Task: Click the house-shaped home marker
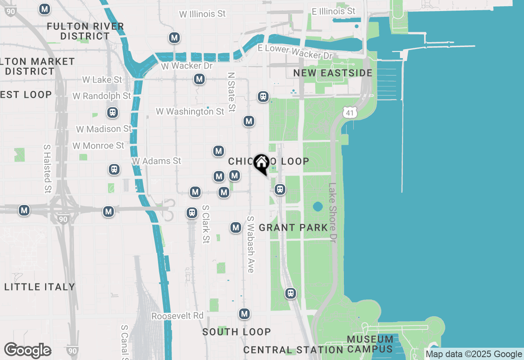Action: coord(261,164)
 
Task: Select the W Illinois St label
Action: coord(202,14)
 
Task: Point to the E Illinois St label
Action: coord(334,11)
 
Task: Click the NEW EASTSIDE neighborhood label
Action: coord(333,73)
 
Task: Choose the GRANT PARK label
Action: coord(294,227)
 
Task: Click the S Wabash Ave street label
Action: coord(251,244)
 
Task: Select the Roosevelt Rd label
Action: coord(177,316)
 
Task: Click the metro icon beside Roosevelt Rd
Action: coord(245,314)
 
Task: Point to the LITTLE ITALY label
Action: coord(40,287)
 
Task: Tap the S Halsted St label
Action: coord(47,168)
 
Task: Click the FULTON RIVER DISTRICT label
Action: coord(85,31)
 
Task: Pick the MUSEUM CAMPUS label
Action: coord(370,344)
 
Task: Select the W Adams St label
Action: coord(156,161)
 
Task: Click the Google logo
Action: coord(27,351)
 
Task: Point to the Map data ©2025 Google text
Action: coord(474,354)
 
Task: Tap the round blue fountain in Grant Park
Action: coord(318,207)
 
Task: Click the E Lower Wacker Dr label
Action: coord(295,52)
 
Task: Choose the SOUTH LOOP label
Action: coord(237,332)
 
